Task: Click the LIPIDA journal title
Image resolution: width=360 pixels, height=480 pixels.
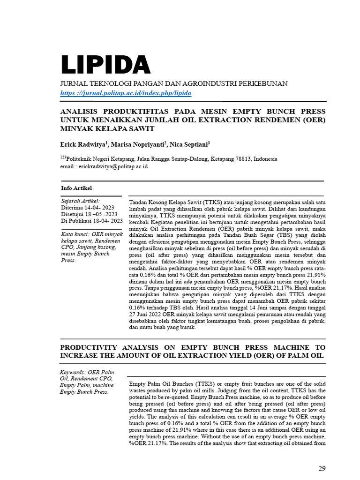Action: [105, 65]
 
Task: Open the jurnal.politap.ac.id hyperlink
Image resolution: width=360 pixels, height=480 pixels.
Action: [126, 93]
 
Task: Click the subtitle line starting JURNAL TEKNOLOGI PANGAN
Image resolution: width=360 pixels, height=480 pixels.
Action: [174, 83]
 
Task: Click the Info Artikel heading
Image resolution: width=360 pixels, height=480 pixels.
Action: [76, 188]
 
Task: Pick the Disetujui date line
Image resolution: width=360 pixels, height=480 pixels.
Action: [89, 214]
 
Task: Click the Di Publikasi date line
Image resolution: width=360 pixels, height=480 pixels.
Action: [92, 220]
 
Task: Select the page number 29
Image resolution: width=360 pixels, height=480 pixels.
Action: [322, 468]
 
